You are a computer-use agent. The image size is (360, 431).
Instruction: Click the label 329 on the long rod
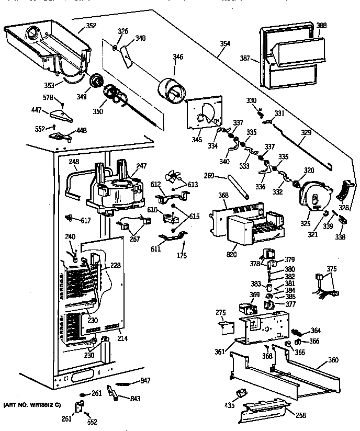pos(305,133)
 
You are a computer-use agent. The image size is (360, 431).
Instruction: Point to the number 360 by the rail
pos(332,360)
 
